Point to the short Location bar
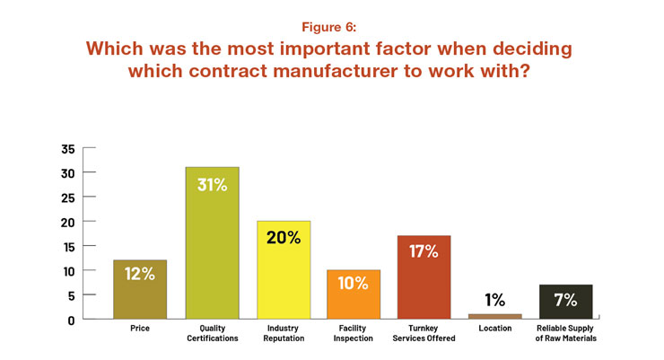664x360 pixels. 495,316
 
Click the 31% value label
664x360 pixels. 211,187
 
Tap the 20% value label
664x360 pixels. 283,238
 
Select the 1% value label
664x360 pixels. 495,300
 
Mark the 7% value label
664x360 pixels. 565,300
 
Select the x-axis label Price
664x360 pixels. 139,329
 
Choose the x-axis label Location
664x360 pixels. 495,329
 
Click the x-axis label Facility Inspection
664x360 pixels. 354,333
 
